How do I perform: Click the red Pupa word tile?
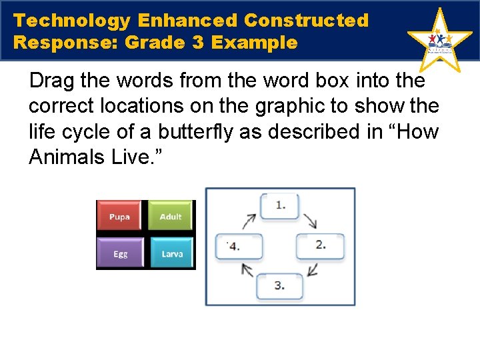pyautogui.click(x=119, y=216)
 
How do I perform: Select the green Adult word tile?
pyautogui.click(x=171, y=216)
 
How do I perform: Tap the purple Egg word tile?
pyautogui.click(x=120, y=253)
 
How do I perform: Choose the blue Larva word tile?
pyautogui.click(x=171, y=253)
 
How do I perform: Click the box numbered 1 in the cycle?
pyautogui.click(x=280, y=206)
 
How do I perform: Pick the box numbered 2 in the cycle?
pyautogui.click(x=320, y=245)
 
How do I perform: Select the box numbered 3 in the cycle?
pyautogui.click(x=280, y=285)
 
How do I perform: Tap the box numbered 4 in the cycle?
pyautogui.click(x=238, y=246)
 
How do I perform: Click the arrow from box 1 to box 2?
pyautogui.click(x=311, y=220)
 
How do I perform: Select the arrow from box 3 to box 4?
pyautogui.click(x=247, y=270)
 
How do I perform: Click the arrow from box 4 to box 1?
pyautogui.click(x=248, y=221)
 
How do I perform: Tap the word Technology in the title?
pyautogui.click(x=72, y=21)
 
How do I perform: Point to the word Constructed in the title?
pyautogui.click(x=306, y=21)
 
